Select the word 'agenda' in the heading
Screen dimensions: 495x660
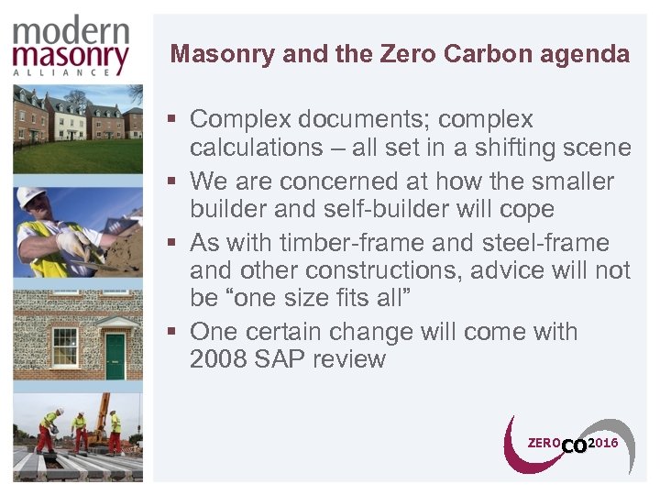(583, 54)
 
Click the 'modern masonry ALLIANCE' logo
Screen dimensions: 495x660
(71, 43)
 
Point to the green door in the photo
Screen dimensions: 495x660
(115, 355)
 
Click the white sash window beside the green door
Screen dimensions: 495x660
(64, 347)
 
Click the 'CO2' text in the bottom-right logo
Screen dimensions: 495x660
(573, 446)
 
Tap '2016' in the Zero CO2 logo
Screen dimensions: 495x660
(603, 443)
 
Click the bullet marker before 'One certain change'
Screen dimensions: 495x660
(172, 330)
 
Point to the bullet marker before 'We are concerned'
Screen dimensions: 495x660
(172, 181)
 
